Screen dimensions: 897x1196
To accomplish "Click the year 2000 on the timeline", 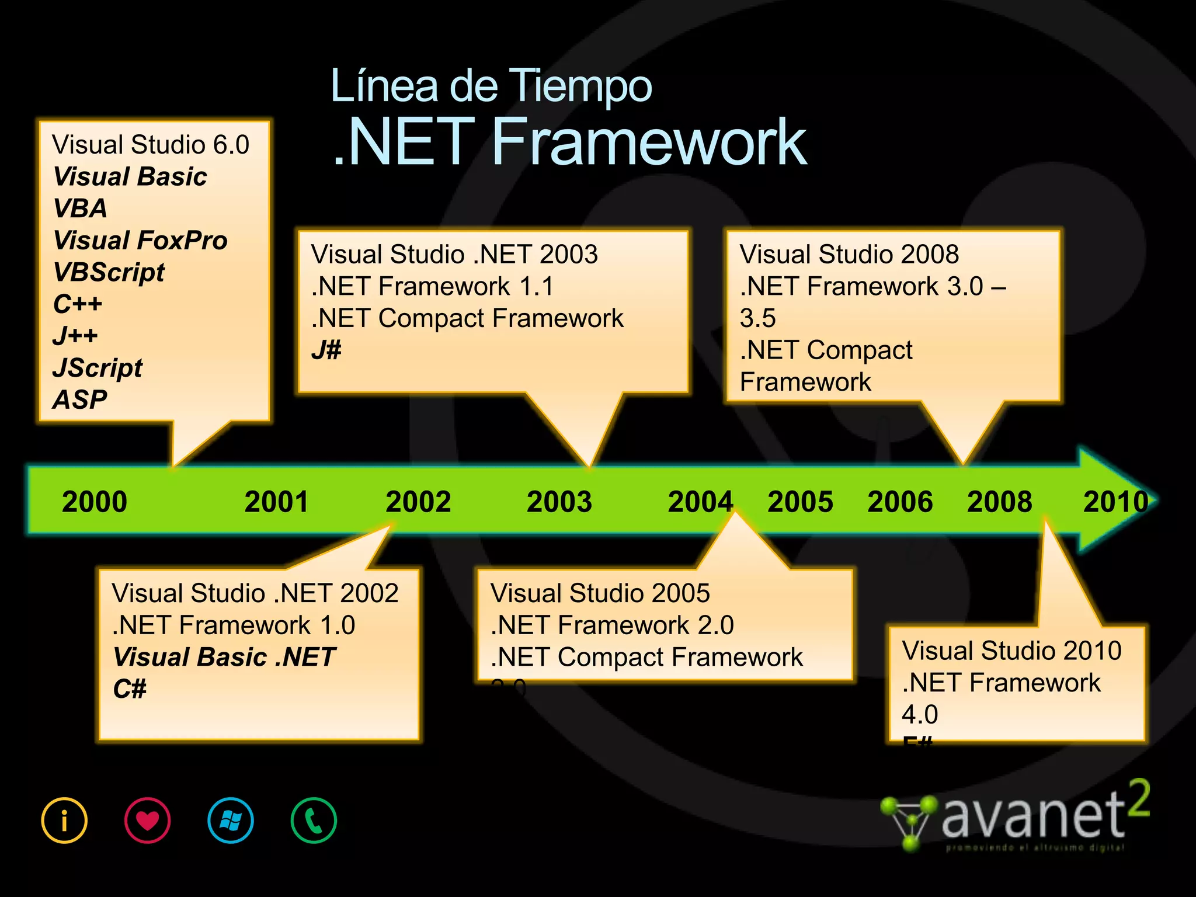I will point(95,502).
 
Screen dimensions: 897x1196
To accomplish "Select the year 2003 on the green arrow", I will point(559,502).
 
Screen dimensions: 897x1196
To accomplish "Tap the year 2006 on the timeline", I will point(900,502).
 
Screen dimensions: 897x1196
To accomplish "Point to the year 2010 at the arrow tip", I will point(1115,502).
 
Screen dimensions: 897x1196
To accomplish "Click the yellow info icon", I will point(64,820).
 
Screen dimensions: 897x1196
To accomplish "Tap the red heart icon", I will point(147,820).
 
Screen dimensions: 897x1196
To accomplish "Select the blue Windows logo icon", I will point(231,820).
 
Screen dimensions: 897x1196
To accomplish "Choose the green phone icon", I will point(314,820).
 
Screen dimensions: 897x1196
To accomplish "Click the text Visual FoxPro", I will point(140,240).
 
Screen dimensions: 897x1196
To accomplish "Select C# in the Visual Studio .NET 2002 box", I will point(130,689).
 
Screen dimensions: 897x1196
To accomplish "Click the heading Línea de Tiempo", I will point(491,86).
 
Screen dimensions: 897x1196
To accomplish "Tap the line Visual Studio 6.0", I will point(151,144).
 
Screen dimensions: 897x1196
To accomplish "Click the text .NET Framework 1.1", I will point(432,286).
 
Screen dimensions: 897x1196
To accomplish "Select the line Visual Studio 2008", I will point(849,254).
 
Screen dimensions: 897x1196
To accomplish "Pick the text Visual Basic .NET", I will point(224,657).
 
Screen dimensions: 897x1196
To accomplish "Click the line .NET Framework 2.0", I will point(612,625).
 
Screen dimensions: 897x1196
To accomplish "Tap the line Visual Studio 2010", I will point(1011,651).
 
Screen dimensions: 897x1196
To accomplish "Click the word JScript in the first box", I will point(98,368).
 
